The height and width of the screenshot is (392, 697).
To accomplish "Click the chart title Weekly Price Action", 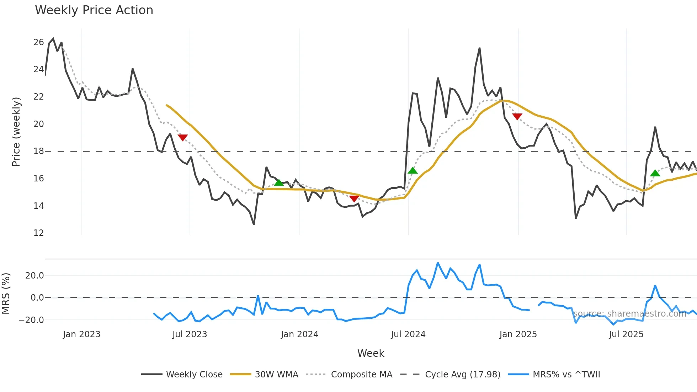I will pyautogui.click(x=94, y=10).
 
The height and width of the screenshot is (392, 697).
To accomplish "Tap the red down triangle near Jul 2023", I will pyautogui.click(x=182, y=137).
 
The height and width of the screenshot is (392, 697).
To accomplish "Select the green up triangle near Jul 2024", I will pyautogui.click(x=413, y=171).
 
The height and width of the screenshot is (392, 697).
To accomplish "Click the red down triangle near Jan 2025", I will pyautogui.click(x=517, y=116).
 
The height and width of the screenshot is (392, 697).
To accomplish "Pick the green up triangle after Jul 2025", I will pyautogui.click(x=655, y=173).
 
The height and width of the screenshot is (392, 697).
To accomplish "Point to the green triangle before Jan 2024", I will pyautogui.click(x=279, y=182).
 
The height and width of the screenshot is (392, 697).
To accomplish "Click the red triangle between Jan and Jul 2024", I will pyautogui.click(x=354, y=198).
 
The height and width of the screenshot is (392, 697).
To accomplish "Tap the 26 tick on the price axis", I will pyautogui.click(x=38, y=42).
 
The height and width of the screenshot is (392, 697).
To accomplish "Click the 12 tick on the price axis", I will pyautogui.click(x=38, y=233).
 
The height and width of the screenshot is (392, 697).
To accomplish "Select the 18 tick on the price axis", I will pyautogui.click(x=38, y=151).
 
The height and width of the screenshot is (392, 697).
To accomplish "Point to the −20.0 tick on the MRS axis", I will pyautogui.click(x=31, y=320).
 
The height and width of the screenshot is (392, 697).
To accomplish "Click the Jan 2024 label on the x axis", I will pyautogui.click(x=299, y=334).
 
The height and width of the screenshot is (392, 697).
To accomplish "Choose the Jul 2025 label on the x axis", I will pyautogui.click(x=626, y=334).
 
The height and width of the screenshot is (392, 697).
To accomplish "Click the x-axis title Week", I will pyautogui.click(x=371, y=353).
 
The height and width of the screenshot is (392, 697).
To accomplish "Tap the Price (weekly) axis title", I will pyautogui.click(x=16, y=132).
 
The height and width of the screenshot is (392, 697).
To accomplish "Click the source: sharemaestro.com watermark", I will pyautogui.click(x=629, y=314).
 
